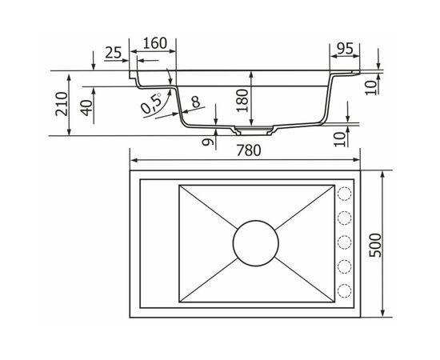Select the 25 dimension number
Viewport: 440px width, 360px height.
pyautogui.click(x=113, y=54)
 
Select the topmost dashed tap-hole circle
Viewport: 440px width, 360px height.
pyautogui.click(x=346, y=194)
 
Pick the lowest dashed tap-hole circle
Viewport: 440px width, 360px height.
pyautogui.click(x=346, y=290)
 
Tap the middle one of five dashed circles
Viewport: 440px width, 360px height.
pyautogui.click(x=346, y=242)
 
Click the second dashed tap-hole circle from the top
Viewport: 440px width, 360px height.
pyautogui.click(x=346, y=218)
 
